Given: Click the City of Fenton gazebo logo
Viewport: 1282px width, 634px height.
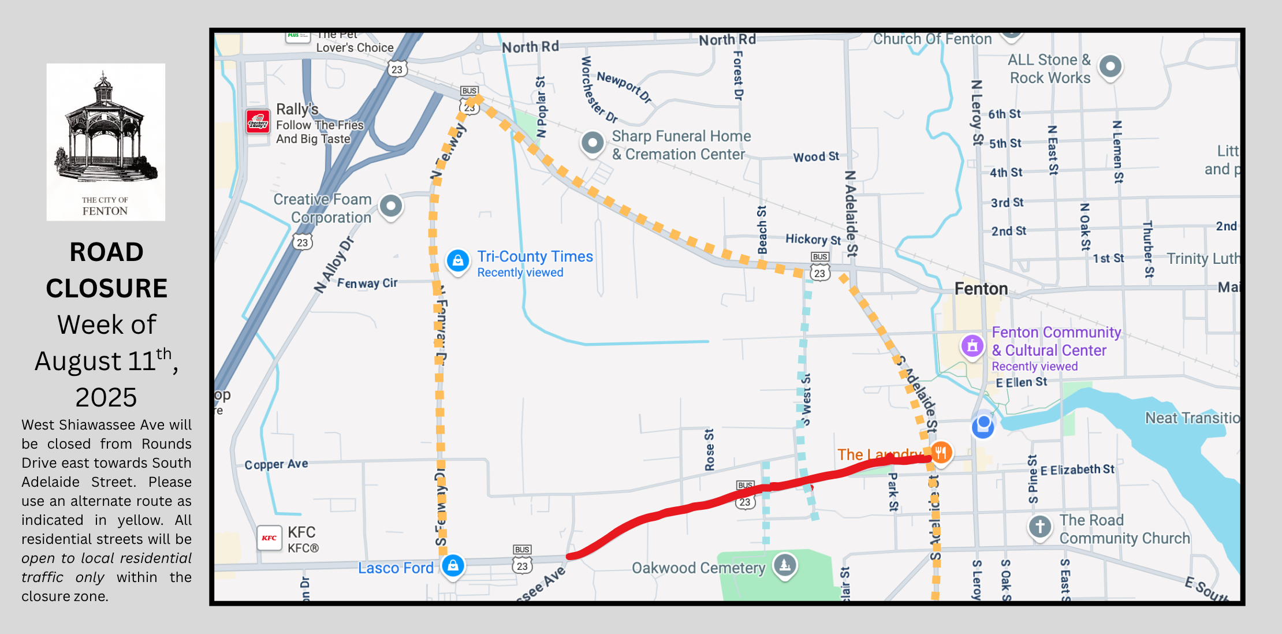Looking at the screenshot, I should pyautogui.click(x=106, y=141).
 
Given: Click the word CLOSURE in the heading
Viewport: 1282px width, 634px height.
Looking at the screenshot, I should pyautogui.click(x=107, y=288).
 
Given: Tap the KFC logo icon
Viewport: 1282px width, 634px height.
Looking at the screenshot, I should pyautogui.click(x=269, y=538).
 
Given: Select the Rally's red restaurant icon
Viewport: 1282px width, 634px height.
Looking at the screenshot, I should pyautogui.click(x=258, y=122).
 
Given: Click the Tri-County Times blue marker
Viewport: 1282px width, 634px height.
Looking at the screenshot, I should pyautogui.click(x=458, y=261).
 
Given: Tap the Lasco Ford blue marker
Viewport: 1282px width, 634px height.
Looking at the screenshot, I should pyautogui.click(x=453, y=565).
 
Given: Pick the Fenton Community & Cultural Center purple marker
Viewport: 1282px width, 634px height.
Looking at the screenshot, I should pyautogui.click(x=972, y=346).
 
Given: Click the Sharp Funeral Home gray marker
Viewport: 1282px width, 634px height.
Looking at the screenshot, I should pyautogui.click(x=592, y=142).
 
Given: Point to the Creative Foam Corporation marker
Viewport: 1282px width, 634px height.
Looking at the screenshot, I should pyautogui.click(x=391, y=206).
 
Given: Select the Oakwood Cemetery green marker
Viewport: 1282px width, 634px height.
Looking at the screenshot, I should pyautogui.click(x=785, y=565).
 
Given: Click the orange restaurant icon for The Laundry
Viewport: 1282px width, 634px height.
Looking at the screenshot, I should pyautogui.click(x=941, y=452).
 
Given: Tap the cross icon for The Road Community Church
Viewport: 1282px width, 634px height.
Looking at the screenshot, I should pyautogui.click(x=1040, y=527).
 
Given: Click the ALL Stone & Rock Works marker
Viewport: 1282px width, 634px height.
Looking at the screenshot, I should pyautogui.click(x=1110, y=66).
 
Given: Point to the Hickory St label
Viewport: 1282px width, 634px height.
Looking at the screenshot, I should pyautogui.click(x=813, y=239).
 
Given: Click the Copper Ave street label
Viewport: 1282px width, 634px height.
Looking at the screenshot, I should pyautogui.click(x=276, y=464).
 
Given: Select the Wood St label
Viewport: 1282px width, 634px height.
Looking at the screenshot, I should pyautogui.click(x=816, y=156).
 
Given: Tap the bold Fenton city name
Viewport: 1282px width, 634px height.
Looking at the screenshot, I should pyautogui.click(x=981, y=289).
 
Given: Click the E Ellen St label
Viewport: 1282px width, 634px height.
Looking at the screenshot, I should pyautogui.click(x=1021, y=382).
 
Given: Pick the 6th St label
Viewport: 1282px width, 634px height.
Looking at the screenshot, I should pyautogui.click(x=1004, y=114).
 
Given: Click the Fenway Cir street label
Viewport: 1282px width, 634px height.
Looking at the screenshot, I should pyautogui.click(x=367, y=283).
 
